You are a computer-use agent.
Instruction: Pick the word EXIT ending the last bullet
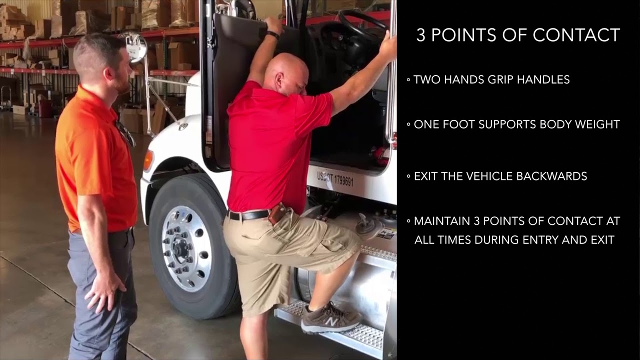601,240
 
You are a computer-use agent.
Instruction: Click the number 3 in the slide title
421,35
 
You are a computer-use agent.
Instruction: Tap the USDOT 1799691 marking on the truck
335,178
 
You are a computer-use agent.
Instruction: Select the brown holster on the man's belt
276,214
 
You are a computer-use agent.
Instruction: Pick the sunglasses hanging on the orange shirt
125,132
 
